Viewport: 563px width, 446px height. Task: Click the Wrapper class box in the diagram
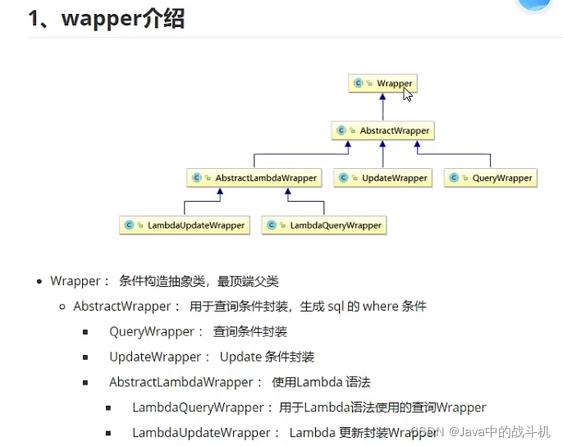coord(382,84)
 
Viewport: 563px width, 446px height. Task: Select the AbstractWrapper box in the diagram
coord(382,130)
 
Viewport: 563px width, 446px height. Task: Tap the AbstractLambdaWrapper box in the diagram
coord(254,178)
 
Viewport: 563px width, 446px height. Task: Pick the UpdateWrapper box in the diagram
coord(382,178)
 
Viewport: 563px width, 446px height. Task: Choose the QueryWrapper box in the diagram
coord(491,178)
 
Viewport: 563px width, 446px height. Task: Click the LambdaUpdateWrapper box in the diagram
coord(185,225)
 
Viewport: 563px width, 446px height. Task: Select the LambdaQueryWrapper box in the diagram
coord(324,225)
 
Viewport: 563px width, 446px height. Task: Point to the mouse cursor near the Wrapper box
coord(407,93)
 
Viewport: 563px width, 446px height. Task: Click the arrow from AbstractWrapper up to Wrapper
coord(382,107)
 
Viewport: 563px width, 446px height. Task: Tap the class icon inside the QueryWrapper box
coord(455,178)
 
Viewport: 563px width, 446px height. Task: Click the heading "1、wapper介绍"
coord(106,18)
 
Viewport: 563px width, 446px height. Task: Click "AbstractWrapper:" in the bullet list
coord(126,307)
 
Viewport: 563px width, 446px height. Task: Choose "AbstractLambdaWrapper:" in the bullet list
coord(185,383)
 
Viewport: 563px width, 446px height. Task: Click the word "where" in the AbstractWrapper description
coord(380,307)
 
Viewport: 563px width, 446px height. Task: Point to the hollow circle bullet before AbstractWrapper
coord(62,307)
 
